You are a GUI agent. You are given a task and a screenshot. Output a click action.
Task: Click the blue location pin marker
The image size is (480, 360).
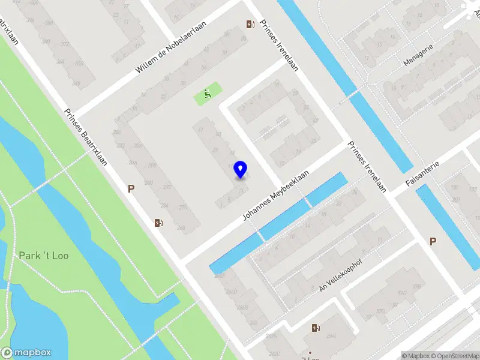pos(241,169)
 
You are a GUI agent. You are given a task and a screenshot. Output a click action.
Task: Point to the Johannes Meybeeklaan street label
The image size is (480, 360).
pos(275,193)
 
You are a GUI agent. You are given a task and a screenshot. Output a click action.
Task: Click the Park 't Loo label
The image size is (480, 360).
pos(43,256)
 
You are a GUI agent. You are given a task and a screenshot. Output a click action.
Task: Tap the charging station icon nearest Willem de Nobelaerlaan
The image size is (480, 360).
pos(250,25)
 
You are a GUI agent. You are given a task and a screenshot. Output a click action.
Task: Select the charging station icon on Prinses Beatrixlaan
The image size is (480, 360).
pos(158,223)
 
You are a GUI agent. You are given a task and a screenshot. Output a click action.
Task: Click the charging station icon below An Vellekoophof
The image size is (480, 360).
pos(316,328)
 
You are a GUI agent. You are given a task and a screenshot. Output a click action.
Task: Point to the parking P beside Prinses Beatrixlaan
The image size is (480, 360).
pos(131,188)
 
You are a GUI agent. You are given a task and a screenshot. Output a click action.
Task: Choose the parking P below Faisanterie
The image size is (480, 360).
pos(432,241)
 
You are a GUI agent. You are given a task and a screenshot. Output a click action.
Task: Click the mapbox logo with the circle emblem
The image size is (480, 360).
pos(26,353)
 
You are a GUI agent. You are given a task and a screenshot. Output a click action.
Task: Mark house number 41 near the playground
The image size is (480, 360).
pos(201,130)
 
